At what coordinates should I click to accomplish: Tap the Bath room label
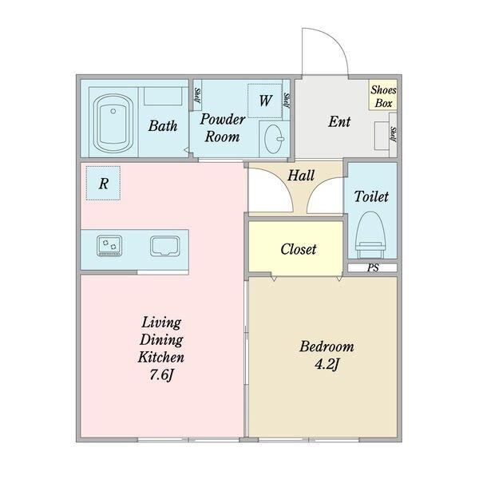point(163,125)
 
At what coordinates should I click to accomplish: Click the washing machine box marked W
point(263,101)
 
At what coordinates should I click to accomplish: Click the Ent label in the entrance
point(339,122)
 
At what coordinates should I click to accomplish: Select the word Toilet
point(371,196)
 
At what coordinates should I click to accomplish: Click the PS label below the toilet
point(372,268)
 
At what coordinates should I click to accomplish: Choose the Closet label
point(298,249)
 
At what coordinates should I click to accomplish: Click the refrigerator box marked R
point(104,183)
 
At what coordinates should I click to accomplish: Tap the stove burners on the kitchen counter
point(108,245)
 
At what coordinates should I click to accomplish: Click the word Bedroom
point(326,347)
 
